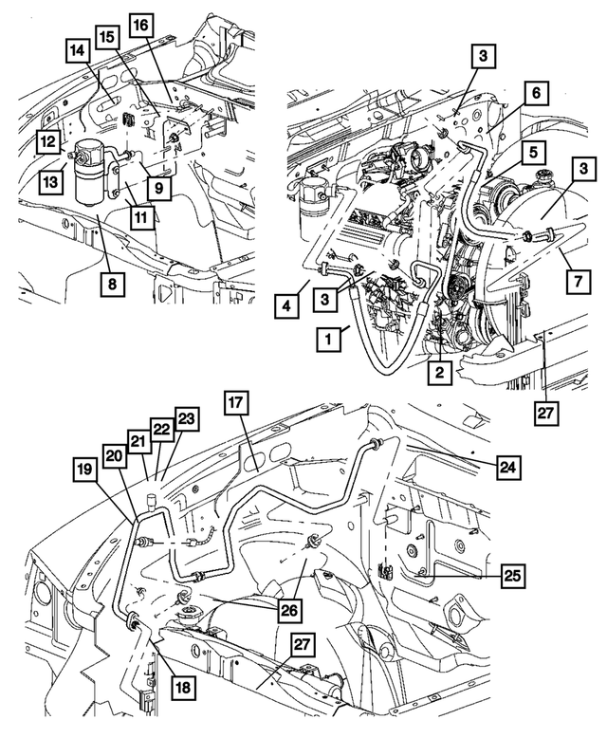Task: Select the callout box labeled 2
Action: click(x=438, y=373)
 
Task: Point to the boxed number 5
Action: click(x=535, y=151)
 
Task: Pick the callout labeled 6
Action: click(x=536, y=92)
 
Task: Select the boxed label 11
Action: click(x=139, y=218)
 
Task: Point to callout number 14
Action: click(x=79, y=50)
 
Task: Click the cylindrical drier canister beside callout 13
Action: click(x=93, y=172)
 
